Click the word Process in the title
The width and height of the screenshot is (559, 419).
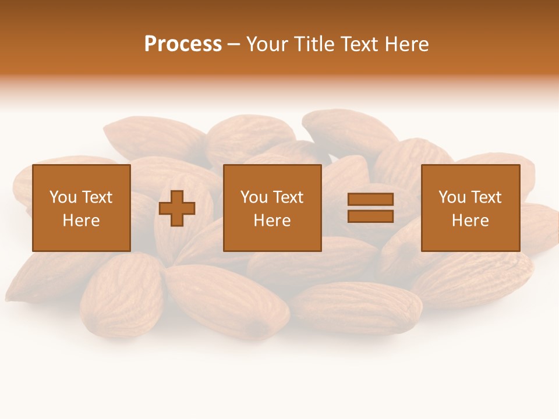pos(183,44)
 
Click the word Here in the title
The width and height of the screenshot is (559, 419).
pos(407,44)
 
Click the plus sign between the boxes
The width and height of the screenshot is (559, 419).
pos(177,208)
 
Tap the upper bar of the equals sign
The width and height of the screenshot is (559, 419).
pos(370,200)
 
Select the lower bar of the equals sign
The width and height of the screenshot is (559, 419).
pos(370,216)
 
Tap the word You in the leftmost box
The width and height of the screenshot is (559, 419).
pos(62,197)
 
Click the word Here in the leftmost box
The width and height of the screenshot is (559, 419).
pos(82,221)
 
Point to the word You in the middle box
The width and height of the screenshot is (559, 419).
pos(253,197)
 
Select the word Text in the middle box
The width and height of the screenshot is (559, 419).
pos(288,197)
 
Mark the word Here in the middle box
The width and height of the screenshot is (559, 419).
pos(273,221)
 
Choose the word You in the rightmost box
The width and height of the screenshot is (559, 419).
pos(451,197)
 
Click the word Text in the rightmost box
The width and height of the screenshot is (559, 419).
pos(486,197)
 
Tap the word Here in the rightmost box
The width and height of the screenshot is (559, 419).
pos(470,221)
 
